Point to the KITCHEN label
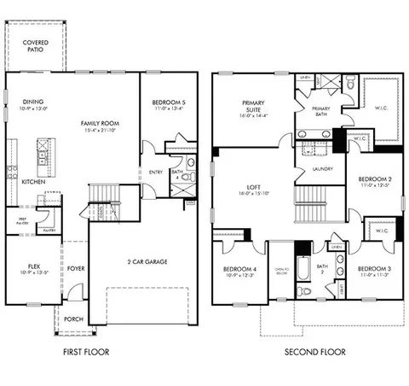click(33, 181)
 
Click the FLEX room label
click(30, 271)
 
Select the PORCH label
click(72, 321)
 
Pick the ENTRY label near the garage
click(156, 172)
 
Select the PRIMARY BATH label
click(321, 111)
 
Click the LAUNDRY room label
click(322, 168)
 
